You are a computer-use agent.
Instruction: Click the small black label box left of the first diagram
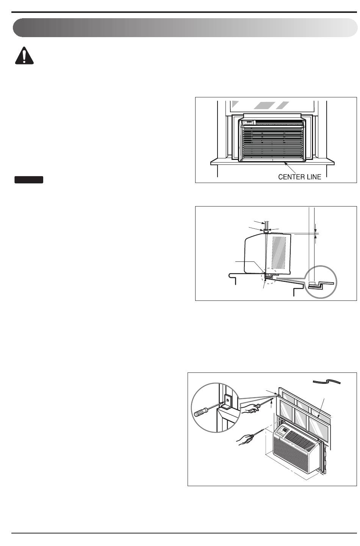click(x=29, y=180)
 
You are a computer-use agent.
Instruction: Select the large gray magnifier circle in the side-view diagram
click(x=321, y=282)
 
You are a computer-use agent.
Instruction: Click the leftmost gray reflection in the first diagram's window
click(x=236, y=104)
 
